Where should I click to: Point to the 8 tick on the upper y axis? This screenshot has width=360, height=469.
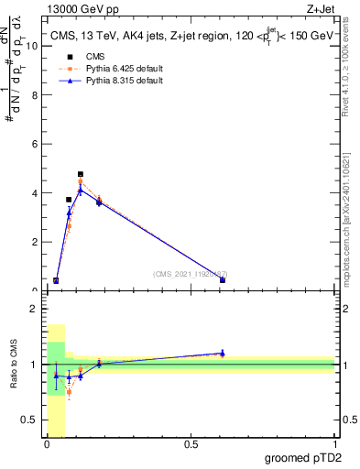(34, 95)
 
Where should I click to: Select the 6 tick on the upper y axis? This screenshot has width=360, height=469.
(34, 144)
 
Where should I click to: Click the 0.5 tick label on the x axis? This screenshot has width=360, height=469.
(191, 446)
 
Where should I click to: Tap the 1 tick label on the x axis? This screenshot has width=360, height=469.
(334, 446)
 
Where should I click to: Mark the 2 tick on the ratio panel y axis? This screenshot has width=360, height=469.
(34, 309)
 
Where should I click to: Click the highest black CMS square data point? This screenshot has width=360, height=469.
(81, 174)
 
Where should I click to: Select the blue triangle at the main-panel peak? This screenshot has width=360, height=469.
(81, 190)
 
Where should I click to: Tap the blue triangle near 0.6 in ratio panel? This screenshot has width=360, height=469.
(223, 353)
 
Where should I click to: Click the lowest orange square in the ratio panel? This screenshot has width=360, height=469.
(69, 392)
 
